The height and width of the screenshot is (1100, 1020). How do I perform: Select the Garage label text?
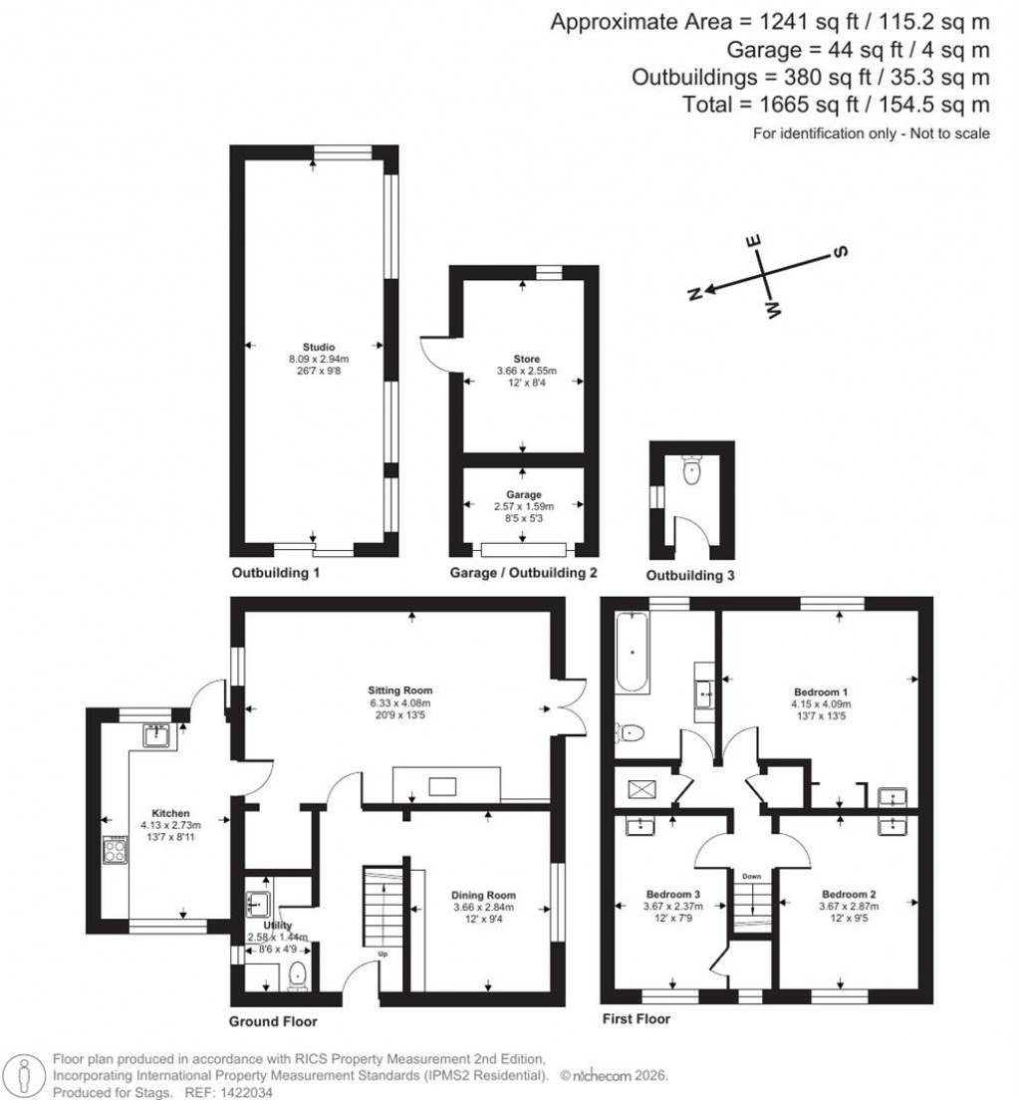(x=524, y=494)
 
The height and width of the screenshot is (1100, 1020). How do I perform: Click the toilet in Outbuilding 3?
(x=692, y=469)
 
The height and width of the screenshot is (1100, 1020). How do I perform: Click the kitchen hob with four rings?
(x=116, y=852)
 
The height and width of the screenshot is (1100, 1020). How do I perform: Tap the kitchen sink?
(x=156, y=735)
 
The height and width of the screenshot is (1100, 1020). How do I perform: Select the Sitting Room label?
(x=399, y=689)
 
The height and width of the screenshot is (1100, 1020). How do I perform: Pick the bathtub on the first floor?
(x=634, y=655)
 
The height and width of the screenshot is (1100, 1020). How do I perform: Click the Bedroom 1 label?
(x=821, y=690)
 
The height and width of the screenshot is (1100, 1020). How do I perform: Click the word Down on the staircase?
(x=751, y=877)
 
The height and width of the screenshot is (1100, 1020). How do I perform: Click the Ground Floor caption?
(x=272, y=1021)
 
